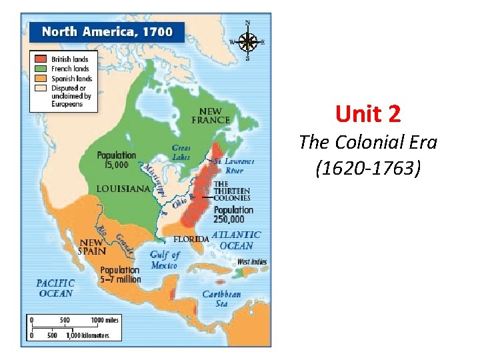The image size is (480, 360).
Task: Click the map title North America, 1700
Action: pos(107,31)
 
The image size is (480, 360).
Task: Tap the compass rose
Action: pos(248,42)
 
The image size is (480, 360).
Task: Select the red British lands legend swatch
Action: pos(40,59)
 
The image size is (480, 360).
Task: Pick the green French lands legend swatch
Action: pos(40,68)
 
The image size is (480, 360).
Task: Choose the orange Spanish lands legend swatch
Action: pos(40,78)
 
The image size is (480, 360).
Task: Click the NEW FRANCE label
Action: pos(211,115)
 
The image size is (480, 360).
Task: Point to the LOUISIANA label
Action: pos(123,189)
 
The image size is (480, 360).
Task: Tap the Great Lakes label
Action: pos(181,152)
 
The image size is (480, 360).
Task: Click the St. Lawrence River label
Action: pos(233,165)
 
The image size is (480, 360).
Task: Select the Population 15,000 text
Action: pos(116,159)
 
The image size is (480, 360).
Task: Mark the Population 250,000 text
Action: pos(233,214)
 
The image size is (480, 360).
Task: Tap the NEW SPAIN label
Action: pos(91,247)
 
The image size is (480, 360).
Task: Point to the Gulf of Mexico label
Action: pos(164,260)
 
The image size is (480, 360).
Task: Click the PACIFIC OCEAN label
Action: pos(56,288)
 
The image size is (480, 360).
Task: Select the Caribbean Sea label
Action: pos(221,299)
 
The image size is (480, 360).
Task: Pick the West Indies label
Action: pos(251,262)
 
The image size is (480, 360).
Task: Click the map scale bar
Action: pos(73,328)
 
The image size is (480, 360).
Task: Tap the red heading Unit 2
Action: pos(368,115)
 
